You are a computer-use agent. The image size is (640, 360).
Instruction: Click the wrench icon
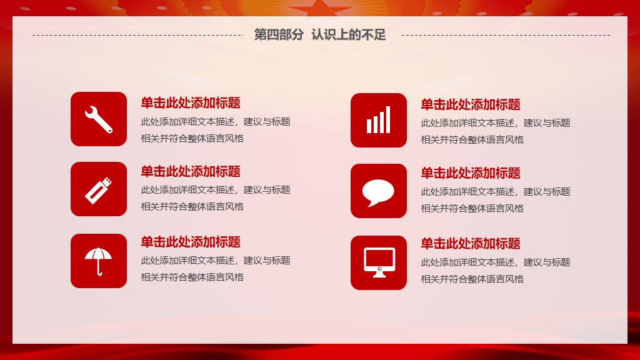98,119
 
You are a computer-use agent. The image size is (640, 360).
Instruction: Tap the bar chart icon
378,120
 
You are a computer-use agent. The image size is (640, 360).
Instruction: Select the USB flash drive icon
98,190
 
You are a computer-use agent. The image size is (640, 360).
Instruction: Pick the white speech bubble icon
378,192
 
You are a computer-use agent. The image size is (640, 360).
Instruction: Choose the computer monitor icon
379,262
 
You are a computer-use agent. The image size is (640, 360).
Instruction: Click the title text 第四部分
279,35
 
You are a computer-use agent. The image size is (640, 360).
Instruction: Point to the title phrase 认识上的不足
349,35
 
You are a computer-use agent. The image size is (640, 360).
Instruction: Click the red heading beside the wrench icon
191,103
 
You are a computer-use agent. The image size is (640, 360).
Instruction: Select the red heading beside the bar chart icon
471,104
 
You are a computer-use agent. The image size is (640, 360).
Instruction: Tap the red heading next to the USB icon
191,171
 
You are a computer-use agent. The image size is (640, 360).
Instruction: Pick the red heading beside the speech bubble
471,173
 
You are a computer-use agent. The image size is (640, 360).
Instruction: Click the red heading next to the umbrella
191,242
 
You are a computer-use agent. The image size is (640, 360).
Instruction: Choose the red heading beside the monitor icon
471,244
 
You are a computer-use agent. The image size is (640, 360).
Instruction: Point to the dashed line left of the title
137,35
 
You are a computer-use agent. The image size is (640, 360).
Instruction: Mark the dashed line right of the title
506,35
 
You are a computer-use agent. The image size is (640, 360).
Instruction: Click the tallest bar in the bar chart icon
387,120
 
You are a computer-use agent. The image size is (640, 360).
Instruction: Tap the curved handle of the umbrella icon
99,270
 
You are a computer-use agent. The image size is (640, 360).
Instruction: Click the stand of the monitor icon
379,275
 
